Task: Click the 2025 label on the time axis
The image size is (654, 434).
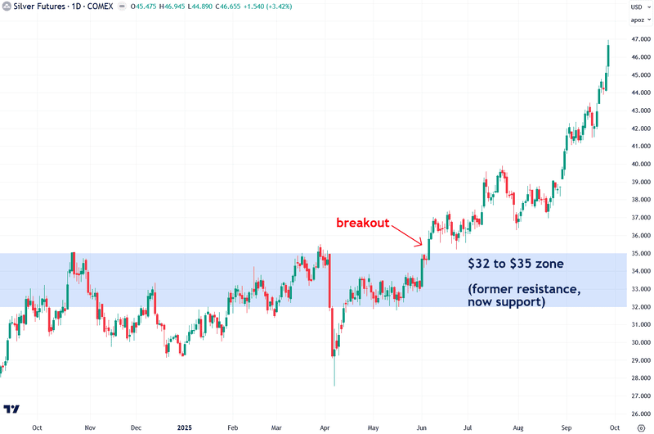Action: [183, 427]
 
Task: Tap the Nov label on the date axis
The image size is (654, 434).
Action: [90, 427]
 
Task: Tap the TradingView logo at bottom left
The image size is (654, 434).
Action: [12, 409]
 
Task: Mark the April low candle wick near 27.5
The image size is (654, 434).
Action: [334, 379]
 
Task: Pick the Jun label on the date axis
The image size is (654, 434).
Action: [421, 427]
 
